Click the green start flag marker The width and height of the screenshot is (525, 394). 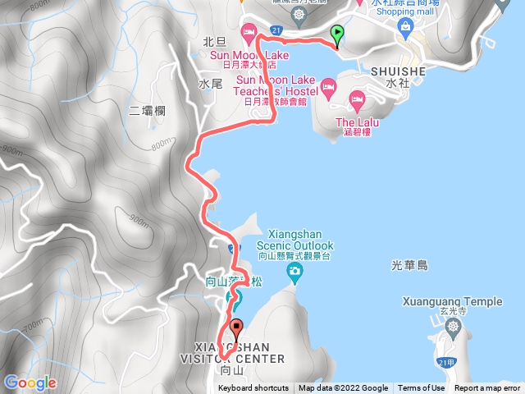coord(337,34)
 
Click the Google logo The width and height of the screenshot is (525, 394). coord(30,383)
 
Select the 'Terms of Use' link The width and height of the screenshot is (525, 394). coord(422,388)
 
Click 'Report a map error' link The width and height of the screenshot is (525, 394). coord(487,388)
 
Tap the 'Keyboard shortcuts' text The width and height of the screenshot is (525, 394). coord(253,388)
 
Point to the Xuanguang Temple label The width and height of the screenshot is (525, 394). coord(452,301)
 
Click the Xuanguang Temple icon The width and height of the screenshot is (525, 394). coord(454,328)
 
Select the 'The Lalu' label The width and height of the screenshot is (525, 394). coord(356,121)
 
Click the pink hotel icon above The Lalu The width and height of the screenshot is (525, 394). coord(357,100)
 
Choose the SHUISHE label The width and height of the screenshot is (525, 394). coord(397,71)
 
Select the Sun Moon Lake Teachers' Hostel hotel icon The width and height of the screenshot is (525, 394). coord(328,85)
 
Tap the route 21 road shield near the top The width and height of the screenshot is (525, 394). coord(276,30)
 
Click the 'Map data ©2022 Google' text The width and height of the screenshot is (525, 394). coord(343,388)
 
